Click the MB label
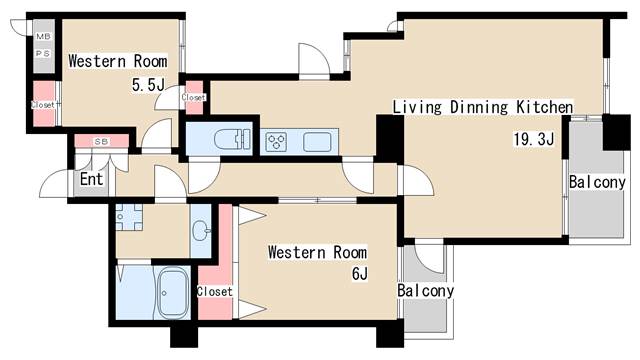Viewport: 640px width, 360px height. (x=43, y=36)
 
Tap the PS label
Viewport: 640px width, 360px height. (x=43, y=53)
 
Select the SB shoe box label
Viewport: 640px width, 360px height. (x=101, y=142)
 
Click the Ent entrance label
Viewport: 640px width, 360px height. (x=91, y=179)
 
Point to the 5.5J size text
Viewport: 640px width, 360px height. (x=148, y=85)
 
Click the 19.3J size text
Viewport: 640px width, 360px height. (x=533, y=139)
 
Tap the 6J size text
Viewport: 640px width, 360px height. (x=360, y=273)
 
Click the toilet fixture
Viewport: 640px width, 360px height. (x=232, y=139)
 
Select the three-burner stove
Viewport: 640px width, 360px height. (x=276, y=142)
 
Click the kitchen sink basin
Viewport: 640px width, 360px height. (x=317, y=142)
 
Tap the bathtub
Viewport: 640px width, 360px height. (x=173, y=292)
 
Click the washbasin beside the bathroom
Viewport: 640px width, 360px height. (x=201, y=231)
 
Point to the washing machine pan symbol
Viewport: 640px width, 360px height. (x=129, y=217)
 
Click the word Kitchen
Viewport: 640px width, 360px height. (x=544, y=107)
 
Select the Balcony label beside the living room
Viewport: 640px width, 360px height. (x=597, y=182)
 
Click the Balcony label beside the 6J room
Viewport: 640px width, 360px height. (x=426, y=291)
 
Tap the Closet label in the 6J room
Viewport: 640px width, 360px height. (x=215, y=291)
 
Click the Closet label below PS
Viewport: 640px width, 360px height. (x=43, y=105)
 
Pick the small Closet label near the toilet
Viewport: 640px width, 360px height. (x=193, y=98)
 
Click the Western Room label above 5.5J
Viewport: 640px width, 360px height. (x=118, y=61)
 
